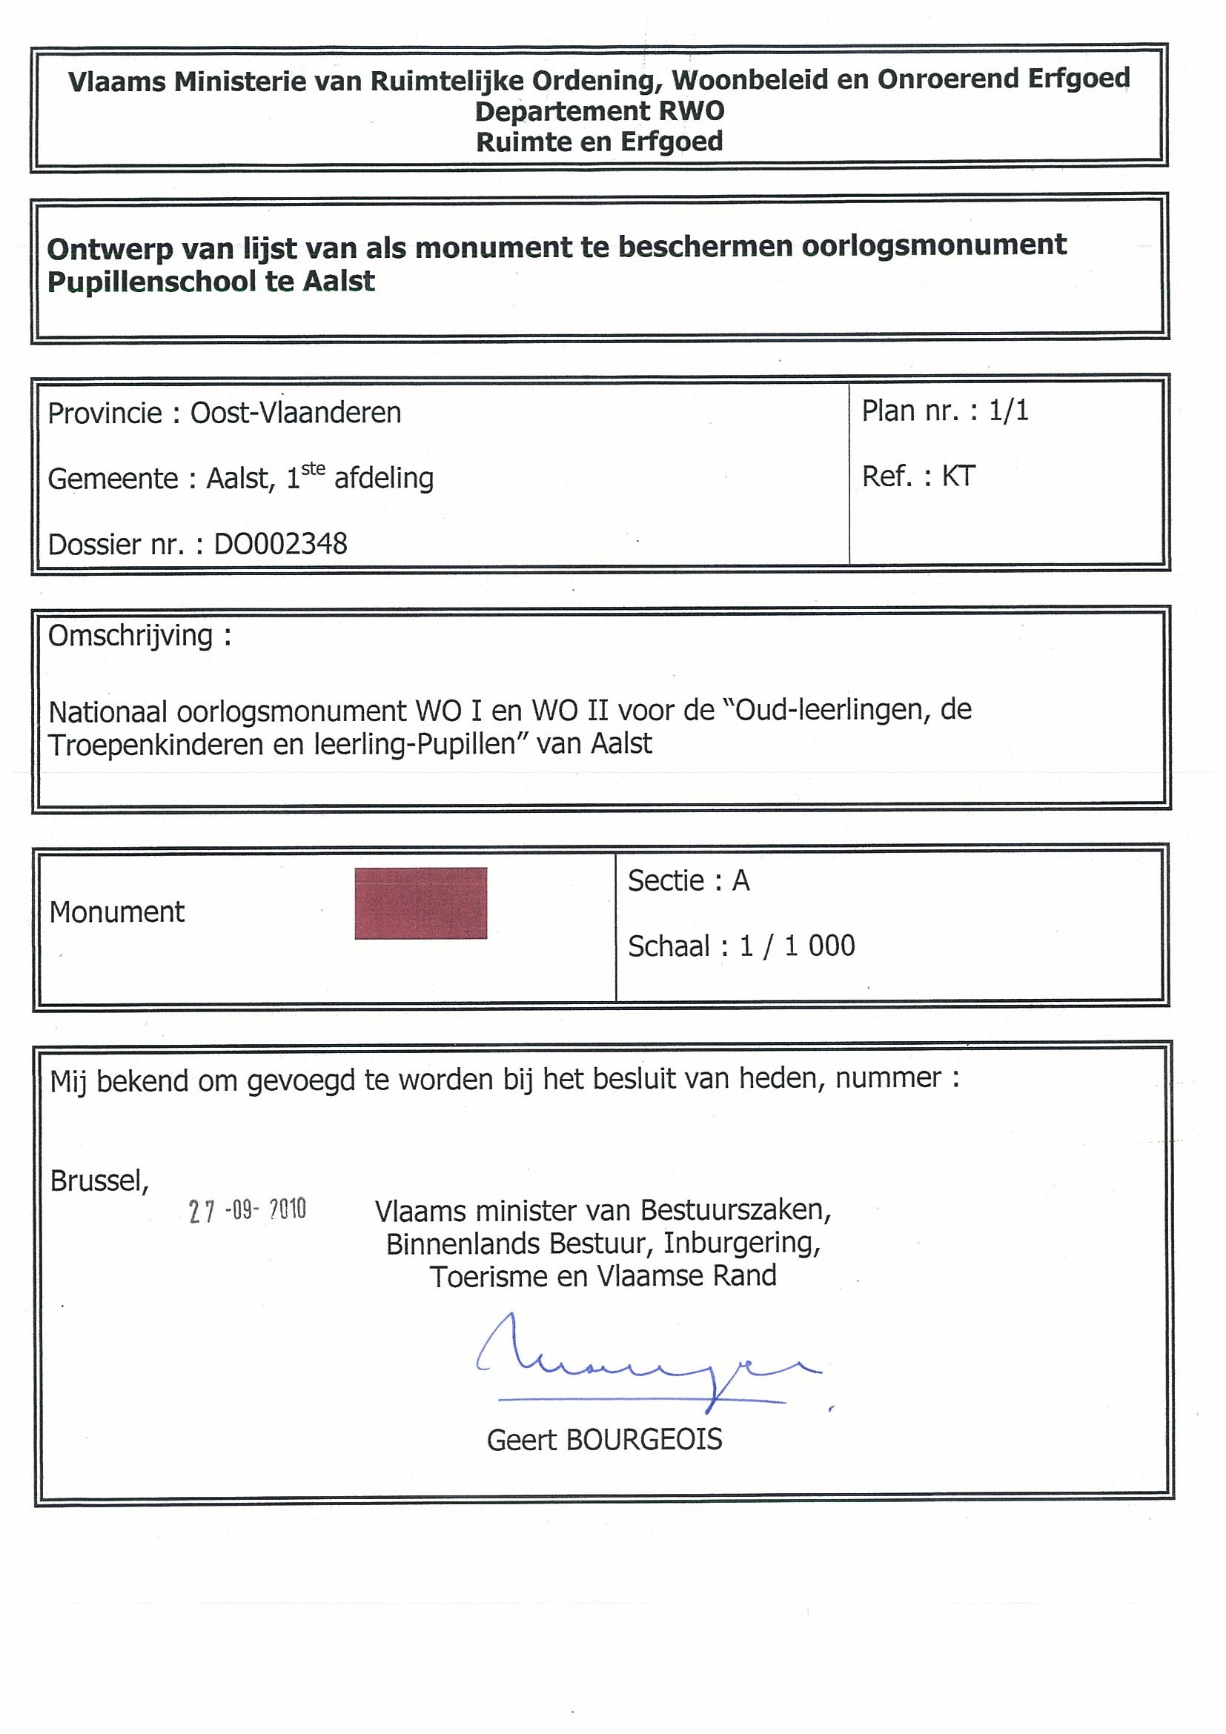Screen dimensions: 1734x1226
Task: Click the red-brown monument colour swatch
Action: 421,903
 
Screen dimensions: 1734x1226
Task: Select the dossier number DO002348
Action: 280,544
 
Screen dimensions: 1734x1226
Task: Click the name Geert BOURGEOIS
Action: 604,1441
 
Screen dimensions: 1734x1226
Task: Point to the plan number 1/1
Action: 1008,410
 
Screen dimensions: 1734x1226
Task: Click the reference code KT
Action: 958,476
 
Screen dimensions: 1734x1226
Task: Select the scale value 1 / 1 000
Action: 797,946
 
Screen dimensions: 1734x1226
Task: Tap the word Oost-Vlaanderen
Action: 295,413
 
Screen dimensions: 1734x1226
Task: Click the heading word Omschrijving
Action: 130,636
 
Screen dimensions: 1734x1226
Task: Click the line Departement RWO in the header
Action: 599,111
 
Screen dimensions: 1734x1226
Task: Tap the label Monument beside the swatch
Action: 117,912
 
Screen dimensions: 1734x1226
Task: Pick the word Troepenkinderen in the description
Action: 153,745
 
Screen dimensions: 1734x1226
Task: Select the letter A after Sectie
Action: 740,880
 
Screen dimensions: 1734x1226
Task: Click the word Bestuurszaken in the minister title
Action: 735,1211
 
